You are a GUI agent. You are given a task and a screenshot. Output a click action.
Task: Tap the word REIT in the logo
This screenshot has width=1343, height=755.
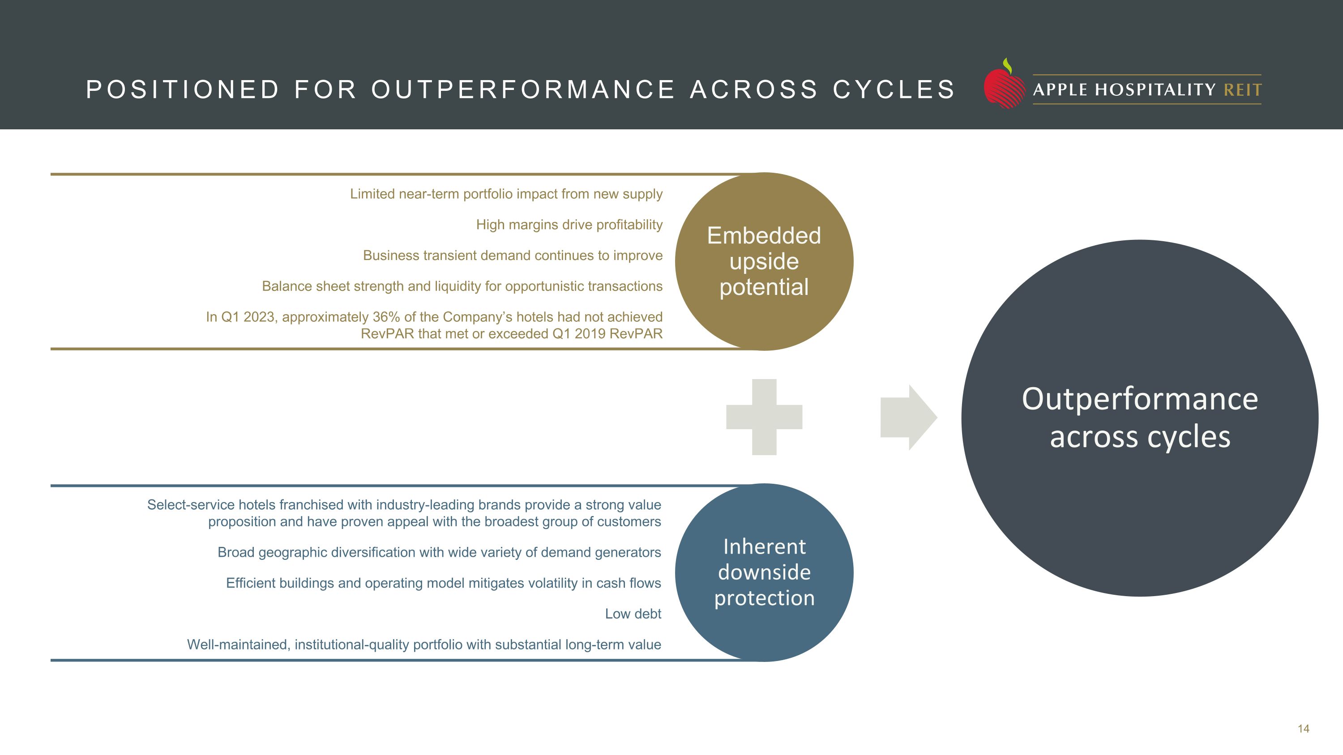(1242, 90)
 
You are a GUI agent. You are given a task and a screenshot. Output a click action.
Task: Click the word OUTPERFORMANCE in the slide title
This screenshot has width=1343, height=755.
(523, 90)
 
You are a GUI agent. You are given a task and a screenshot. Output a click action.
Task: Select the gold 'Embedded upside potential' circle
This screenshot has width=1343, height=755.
(764, 261)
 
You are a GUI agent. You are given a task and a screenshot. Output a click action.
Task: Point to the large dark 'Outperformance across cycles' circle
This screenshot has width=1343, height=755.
(1140, 418)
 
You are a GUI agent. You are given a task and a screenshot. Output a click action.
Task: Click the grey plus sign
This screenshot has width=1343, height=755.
(764, 417)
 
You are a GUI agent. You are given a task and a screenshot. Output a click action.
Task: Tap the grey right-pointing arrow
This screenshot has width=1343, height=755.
(908, 418)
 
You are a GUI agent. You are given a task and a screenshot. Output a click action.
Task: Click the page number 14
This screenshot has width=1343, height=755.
(1303, 729)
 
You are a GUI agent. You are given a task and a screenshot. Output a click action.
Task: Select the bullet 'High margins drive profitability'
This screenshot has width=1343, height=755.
(569, 225)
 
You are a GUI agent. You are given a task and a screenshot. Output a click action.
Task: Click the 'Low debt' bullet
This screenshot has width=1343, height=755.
(633, 614)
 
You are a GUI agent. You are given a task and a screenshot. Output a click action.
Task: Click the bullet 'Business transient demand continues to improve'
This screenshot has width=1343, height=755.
(513, 255)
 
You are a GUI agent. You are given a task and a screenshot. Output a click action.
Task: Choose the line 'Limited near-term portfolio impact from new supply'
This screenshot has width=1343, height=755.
(506, 194)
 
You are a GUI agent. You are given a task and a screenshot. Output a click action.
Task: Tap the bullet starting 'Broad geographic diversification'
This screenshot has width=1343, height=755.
(439, 552)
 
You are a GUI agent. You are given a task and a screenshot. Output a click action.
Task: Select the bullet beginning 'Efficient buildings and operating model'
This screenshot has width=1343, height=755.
(443, 583)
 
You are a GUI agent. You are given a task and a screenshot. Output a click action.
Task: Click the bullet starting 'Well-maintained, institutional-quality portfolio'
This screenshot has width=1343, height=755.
(424, 644)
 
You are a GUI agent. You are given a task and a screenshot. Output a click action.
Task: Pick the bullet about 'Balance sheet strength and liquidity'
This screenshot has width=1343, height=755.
(462, 286)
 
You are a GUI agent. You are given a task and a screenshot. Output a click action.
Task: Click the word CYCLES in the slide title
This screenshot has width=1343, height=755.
(894, 90)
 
